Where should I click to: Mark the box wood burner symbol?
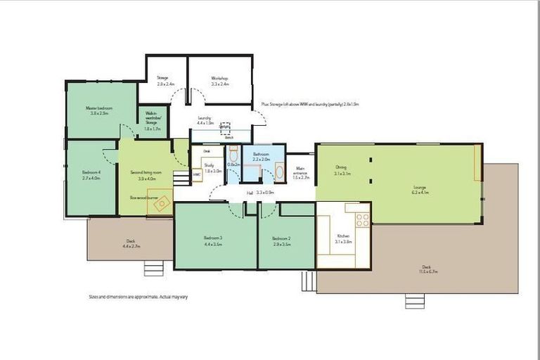click(x=162, y=203)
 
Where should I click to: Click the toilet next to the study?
click(x=233, y=155)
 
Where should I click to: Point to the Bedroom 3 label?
click(x=213, y=242)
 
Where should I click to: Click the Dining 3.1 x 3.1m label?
click(x=342, y=170)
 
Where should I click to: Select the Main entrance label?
click(x=300, y=173)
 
